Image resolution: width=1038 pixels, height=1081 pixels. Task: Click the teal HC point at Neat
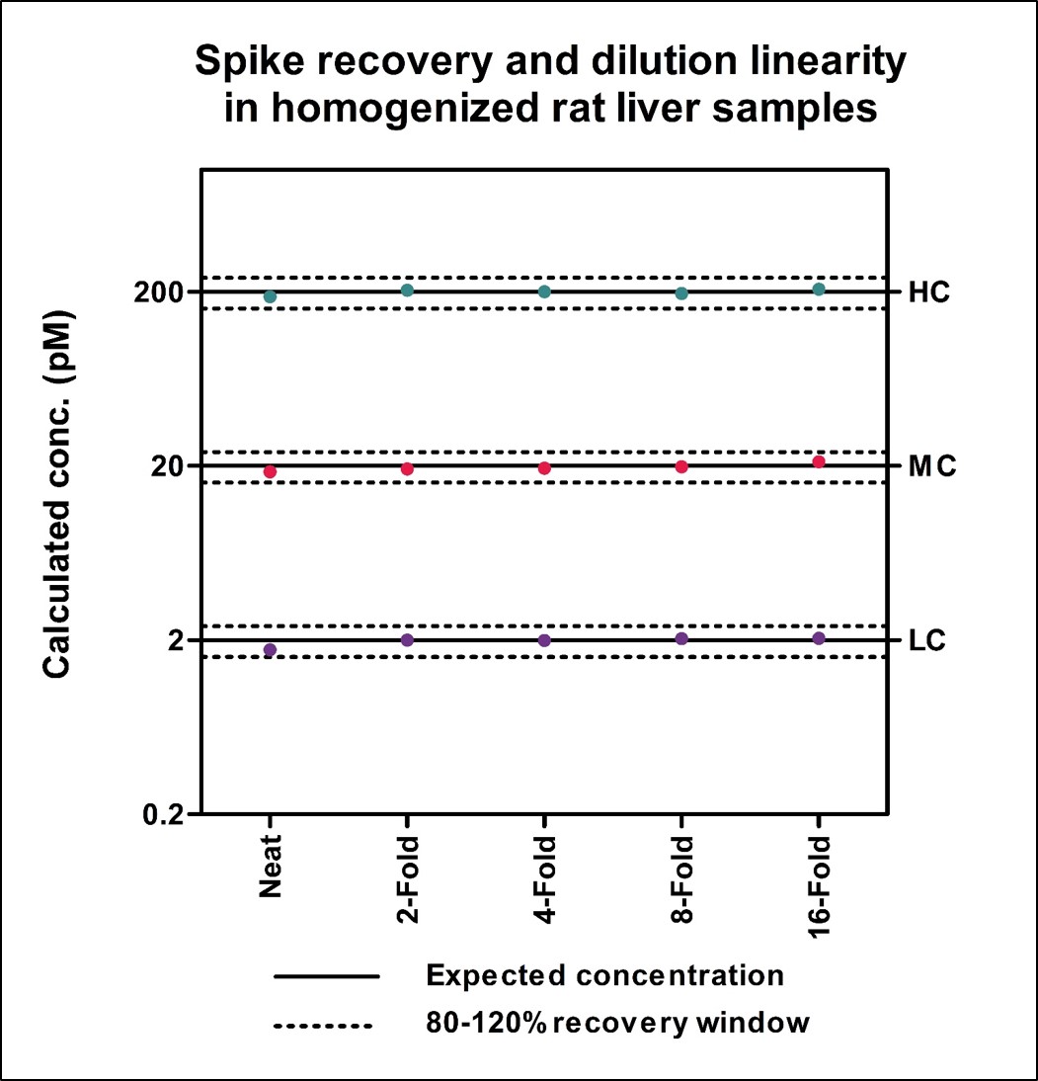click(x=270, y=296)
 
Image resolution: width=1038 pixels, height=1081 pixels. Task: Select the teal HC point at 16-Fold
click(x=819, y=290)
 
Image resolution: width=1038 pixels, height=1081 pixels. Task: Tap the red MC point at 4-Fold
click(x=544, y=467)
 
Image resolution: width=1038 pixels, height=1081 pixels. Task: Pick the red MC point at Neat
click(x=270, y=472)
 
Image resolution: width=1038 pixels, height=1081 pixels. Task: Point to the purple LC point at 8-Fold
click(x=681, y=638)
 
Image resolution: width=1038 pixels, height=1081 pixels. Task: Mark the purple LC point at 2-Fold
click(x=407, y=639)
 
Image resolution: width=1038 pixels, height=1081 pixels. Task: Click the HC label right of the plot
click(x=929, y=292)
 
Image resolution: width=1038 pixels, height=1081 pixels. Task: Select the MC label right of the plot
click(x=932, y=466)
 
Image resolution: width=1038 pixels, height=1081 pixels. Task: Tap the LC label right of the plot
click(x=927, y=640)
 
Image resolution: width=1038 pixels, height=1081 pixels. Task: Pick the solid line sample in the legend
click(x=327, y=976)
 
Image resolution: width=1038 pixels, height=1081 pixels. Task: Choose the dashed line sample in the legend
click(x=327, y=1024)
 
